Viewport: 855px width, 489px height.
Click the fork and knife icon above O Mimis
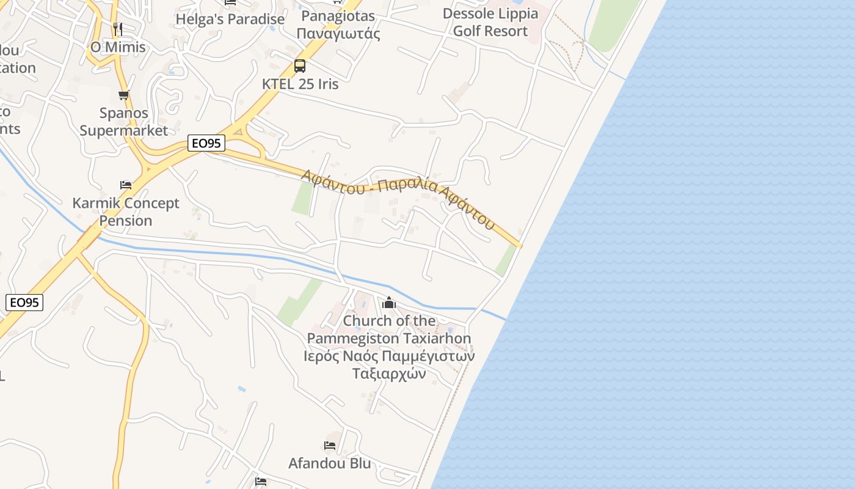point(118,29)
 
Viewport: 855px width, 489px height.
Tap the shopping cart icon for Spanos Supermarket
point(124,95)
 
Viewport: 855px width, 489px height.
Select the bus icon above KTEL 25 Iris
point(300,66)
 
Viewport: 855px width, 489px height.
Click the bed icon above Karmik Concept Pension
point(126,185)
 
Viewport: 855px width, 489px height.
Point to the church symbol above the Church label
point(389,303)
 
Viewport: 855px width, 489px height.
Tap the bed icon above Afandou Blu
point(330,445)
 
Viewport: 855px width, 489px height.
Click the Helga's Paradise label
point(230,19)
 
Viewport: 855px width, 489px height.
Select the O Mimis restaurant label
point(118,47)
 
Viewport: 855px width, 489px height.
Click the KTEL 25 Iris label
point(300,84)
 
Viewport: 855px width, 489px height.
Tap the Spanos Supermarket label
point(123,122)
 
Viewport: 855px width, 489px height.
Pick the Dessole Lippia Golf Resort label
point(490,22)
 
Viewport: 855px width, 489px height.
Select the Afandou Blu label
point(329,463)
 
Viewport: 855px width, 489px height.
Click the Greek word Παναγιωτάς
point(338,34)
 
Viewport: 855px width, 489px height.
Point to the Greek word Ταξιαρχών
point(389,373)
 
